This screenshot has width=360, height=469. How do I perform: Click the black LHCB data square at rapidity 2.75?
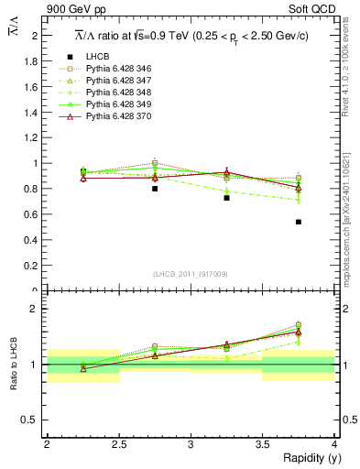[x=155, y=189]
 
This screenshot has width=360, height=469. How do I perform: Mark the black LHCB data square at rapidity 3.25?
[x=226, y=198]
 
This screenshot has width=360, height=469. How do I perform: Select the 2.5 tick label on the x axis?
[x=118, y=443]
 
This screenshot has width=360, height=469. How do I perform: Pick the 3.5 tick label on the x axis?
[x=262, y=443]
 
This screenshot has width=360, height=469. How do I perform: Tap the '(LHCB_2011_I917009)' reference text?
[x=191, y=273]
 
